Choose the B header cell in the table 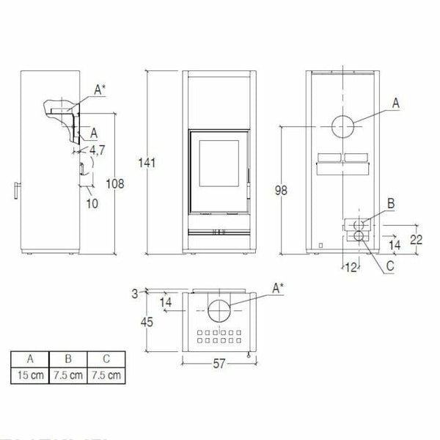(68, 359)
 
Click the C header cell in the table (106, 359)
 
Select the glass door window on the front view (219, 169)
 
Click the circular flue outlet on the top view (219, 311)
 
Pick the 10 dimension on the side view (92, 203)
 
